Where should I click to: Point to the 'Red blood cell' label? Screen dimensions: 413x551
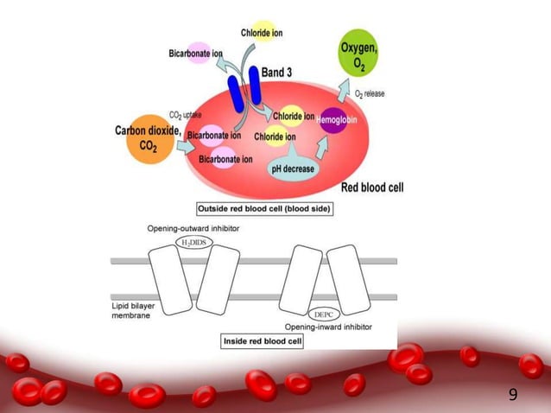371,187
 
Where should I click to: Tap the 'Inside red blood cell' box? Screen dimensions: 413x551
265,341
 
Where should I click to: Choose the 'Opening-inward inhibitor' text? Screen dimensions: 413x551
331,327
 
